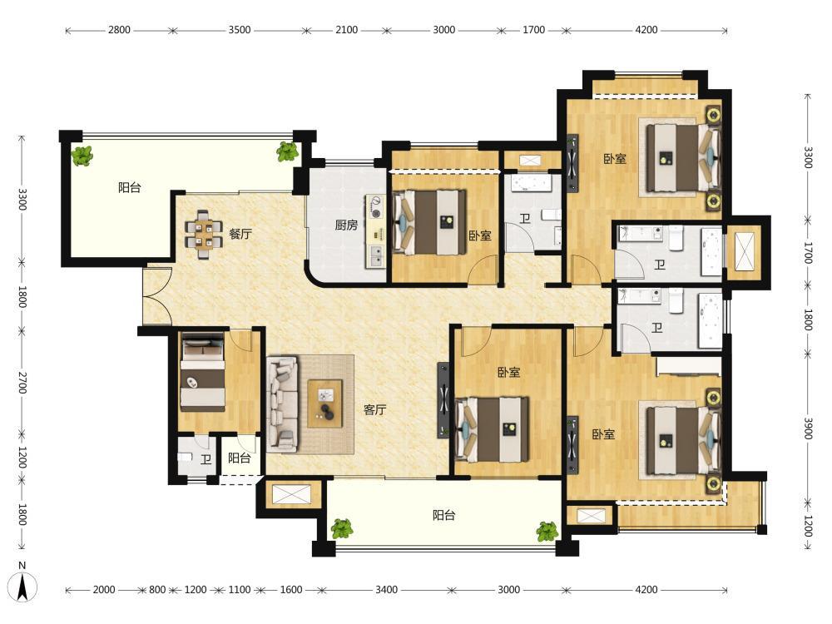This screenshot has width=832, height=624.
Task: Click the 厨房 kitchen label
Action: coord(346,225)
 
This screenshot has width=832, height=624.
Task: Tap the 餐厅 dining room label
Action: coord(240,234)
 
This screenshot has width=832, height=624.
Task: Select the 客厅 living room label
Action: coord(374,409)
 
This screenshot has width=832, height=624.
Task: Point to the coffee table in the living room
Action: coord(324,404)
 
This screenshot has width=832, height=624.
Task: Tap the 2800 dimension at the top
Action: coord(119,30)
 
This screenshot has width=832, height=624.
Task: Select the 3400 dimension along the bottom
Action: coord(386,590)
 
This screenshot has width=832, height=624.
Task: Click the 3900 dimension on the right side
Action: coord(808,428)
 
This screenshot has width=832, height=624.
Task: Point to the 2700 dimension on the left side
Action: coord(22,383)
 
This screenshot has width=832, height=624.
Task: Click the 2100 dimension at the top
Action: coord(346,30)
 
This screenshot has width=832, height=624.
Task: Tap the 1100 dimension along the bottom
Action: coord(240,590)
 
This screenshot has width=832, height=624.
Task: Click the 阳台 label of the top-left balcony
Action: coord(130,187)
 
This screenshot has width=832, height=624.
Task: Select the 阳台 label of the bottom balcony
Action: coord(443,515)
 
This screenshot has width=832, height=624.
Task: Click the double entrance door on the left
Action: coord(157,296)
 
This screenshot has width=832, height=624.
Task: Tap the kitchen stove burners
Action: coord(376,207)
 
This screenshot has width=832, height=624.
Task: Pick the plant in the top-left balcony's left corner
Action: coord(82,156)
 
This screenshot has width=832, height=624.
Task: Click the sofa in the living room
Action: coord(281,404)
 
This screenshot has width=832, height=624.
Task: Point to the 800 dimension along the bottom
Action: coord(157,590)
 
